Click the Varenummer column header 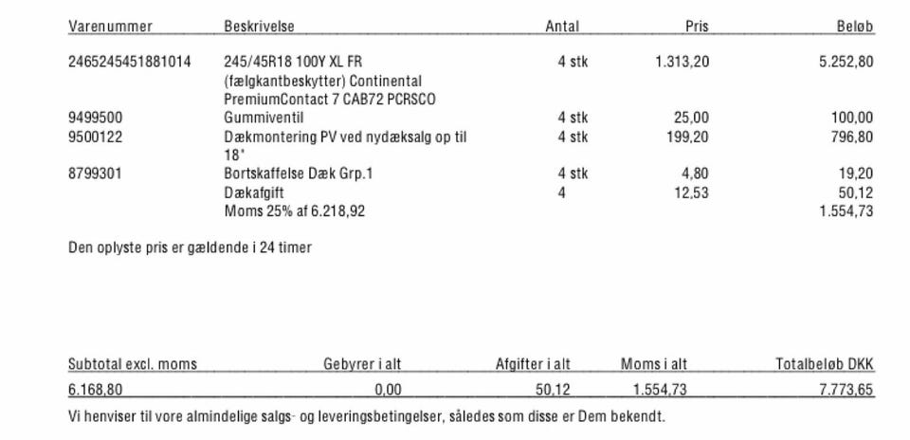110,27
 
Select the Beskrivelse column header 259,27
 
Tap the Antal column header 562,27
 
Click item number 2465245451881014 130,63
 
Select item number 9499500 95,119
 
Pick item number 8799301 95,174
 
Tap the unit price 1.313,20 682,63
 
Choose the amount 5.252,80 846,63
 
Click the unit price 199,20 688,137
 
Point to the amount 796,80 851,137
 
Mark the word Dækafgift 254,192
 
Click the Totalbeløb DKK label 825,364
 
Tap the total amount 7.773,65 846,390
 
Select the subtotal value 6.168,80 95,390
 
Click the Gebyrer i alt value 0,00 388,390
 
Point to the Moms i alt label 654,364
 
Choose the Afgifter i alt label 533,364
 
